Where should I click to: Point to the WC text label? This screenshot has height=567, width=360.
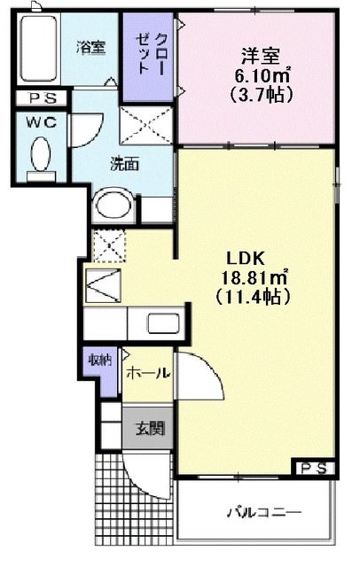coord(41,123)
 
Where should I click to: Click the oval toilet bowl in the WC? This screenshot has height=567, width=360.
coord(41,157)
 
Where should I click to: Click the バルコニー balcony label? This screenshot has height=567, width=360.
coord(262,512)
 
